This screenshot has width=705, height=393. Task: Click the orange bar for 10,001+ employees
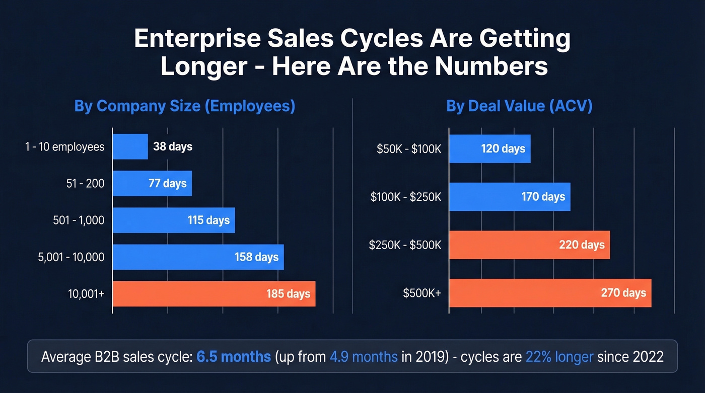214,294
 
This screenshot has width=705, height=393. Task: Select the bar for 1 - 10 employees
130,147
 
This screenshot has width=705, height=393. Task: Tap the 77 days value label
167,184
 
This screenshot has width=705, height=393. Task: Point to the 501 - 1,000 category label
79,220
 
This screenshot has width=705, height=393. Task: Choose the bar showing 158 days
198,257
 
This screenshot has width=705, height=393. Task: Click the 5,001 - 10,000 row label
72,257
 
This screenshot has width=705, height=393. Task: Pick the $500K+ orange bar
550,293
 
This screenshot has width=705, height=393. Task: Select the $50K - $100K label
409,149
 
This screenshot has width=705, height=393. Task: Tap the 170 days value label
543,197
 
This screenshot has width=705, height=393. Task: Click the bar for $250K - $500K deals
529,245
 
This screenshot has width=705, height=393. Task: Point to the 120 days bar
489,149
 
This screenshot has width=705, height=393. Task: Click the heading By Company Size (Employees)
184,107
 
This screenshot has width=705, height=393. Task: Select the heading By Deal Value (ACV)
519,107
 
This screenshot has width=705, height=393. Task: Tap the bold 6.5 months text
234,357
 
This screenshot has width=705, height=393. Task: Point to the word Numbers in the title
496,66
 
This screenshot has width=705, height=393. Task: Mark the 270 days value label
623,293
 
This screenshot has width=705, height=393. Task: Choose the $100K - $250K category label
406,197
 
